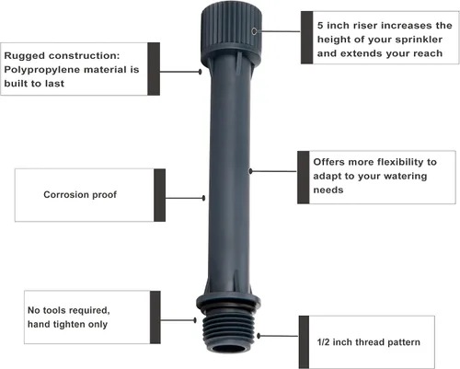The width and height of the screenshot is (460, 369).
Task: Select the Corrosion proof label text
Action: [x=80, y=195]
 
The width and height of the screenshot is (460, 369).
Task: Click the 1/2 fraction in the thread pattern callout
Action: [x=323, y=342]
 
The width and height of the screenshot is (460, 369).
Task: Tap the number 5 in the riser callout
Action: [x=320, y=26]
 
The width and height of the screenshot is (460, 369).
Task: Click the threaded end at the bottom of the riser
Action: [x=229, y=330]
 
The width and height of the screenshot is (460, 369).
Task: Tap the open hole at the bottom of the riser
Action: [x=229, y=348]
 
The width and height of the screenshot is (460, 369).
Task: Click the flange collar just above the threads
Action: [x=228, y=303]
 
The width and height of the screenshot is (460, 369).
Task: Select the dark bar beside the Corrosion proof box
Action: [x=159, y=195]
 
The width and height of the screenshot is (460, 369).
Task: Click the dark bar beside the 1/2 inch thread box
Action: [x=304, y=342]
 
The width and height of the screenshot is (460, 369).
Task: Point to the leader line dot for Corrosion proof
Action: [x=203, y=198]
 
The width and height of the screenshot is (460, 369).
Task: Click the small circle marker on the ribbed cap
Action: [x=254, y=31]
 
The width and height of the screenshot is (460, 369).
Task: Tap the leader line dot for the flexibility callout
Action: [x=250, y=171]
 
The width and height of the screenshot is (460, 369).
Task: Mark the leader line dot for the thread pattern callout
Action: [x=259, y=336]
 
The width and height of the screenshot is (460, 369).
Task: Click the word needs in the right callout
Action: [x=328, y=190]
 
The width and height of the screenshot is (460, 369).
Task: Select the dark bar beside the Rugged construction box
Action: [x=154, y=69]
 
